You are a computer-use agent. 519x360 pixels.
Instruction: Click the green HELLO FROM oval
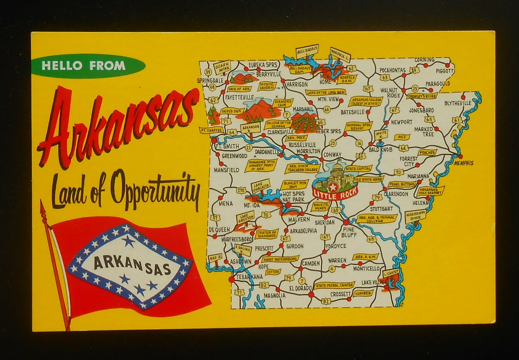tap(84, 66)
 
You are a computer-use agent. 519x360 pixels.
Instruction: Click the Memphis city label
tap(464, 163)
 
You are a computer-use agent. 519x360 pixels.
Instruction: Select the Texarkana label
tap(245, 277)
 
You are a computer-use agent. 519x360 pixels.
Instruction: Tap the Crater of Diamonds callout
tap(267, 234)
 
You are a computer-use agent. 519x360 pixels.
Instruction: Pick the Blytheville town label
tap(457, 103)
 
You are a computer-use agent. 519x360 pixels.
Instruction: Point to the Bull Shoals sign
tap(306, 51)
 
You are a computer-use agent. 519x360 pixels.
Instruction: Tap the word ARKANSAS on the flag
tap(132, 263)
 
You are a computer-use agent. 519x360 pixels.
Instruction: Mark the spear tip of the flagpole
tap(42, 205)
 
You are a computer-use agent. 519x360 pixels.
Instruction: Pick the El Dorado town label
tap(298, 288)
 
